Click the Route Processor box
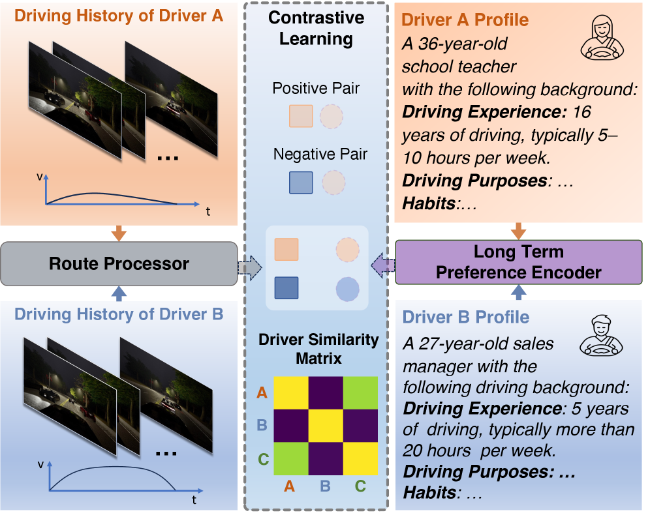[x=119, y=263]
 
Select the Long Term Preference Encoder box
[x=518, y=262]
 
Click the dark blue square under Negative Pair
[x=301, y=183]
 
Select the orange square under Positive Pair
[x=301, y=115]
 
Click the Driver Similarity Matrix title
[x=318, y=348]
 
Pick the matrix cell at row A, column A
[x=291, y=393]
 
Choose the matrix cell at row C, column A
[x=291, y=460]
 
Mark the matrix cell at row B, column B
[x=325, y=426]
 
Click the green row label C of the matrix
[x=263, y=460]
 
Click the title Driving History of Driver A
[x=119, y=15]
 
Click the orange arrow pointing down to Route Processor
[x=119, y=231]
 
